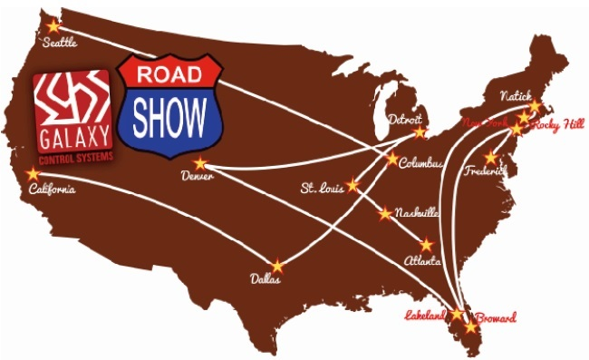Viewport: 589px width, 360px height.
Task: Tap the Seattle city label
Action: coord(60,42)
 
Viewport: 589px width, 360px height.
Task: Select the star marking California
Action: coord(34,173)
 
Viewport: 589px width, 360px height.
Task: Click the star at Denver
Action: coord(201,163)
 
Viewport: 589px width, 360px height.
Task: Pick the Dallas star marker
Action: coord(277,267)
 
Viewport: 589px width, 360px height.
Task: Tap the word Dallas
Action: coord(266,280)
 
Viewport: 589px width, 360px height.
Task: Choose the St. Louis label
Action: coord(321,189)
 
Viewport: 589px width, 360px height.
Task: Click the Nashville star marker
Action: coord(385,214)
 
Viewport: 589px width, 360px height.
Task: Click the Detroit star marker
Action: coord(420,132)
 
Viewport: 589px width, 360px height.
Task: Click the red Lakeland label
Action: coord(424,316)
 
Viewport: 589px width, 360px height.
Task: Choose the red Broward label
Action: coord(496,318)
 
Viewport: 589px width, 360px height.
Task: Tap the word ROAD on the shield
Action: coord(170,72)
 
